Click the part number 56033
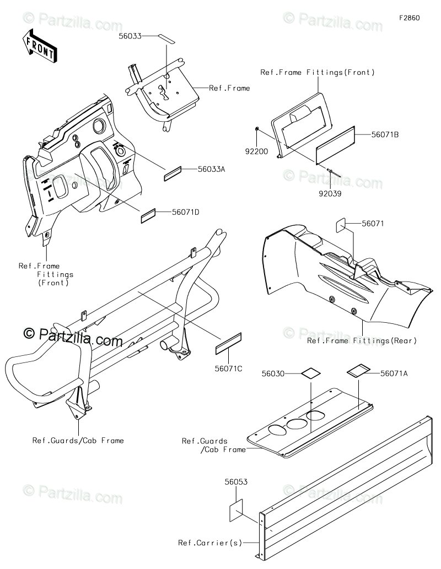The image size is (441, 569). point(130,36)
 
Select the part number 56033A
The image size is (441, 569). point(196,170)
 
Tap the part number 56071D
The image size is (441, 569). point(185,212)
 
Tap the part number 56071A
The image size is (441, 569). point(394,373)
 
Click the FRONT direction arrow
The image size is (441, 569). point(39,46)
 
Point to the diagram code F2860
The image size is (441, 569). point(410,18)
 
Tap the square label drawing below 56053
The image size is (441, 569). point(235,510)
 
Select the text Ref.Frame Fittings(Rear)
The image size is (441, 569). point(362,341)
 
